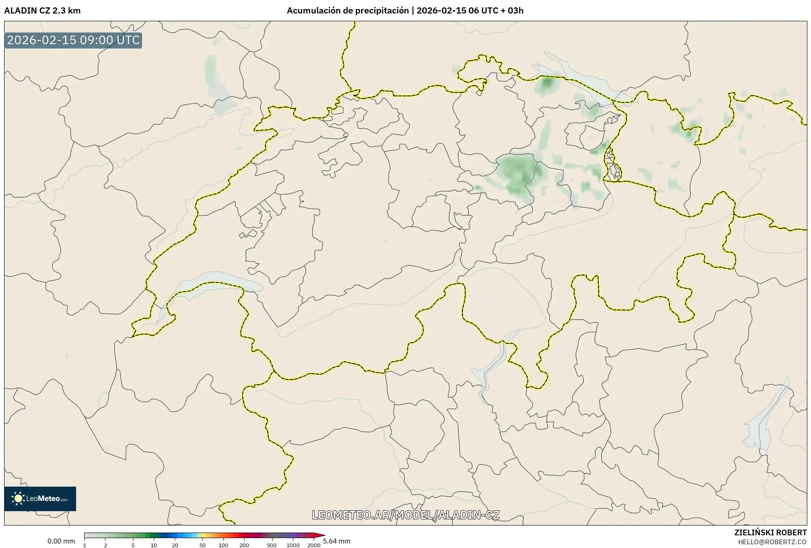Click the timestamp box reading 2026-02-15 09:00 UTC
(73, 41)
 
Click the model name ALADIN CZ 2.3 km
(42, 11)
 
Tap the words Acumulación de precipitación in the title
(347, 11)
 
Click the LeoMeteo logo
(40, 498)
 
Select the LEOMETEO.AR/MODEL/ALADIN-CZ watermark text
(405, 515)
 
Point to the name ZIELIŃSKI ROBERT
(770, 532)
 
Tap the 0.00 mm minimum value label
(61, 541)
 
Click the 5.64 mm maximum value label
(337, 541)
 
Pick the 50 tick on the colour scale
(202, 545)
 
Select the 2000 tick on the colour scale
(314, 545)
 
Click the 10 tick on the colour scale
(153, 545)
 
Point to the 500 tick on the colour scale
(272, 545)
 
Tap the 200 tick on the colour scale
(244, 545)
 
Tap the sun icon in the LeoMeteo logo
(18, 498)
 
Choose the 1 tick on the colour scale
(85, 545)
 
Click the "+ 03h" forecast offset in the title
(511, 11)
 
